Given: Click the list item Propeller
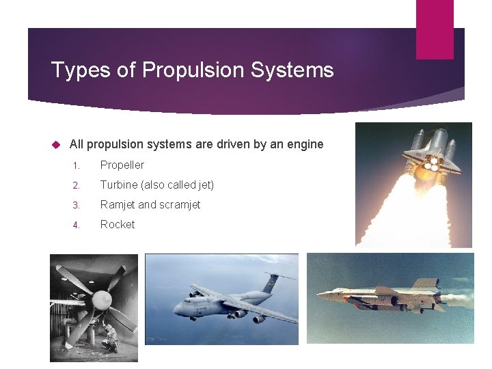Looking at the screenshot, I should pyautogui.click(x=122, y=165).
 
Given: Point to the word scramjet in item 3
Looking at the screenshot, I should pyautogui.click(x=179, y=204).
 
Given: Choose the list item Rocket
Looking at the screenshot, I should pyautogui.click(x=118, y=224).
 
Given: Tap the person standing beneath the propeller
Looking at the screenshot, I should pyautogui.click(x=109, y=339).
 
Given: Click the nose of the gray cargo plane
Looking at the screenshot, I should pyautogui.click(x=177, y=309).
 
